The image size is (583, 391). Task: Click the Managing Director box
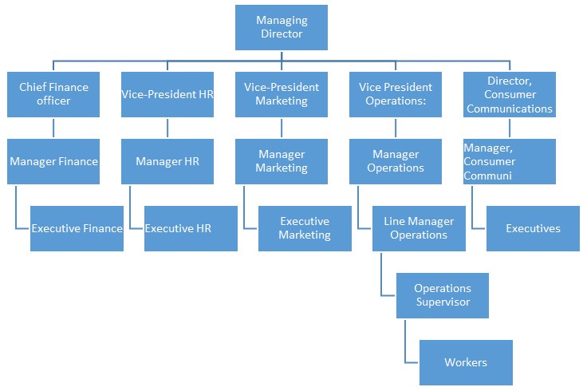(x=282, y=27)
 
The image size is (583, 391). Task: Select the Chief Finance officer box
(x=53, y=94)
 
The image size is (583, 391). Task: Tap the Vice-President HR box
(x=167, y=94)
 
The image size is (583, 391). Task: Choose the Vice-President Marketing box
(x=282, y=94)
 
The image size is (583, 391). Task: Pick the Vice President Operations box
(x=396, y=94)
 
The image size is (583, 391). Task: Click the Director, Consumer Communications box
(x=509, y=94)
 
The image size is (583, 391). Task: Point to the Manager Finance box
(x=53, y=161)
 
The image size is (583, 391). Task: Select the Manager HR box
(x=167, y=161)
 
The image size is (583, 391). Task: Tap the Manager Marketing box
(x=282, y=161)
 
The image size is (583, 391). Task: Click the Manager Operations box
(x=396, y=161)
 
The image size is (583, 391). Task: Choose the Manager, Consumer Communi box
(x=509, y=161)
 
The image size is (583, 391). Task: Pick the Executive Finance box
(x=77, y=228)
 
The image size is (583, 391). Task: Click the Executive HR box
(x=191, y=228)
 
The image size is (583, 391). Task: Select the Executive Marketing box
(x=305, y=228)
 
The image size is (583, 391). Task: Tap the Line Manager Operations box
(x=419, y=228)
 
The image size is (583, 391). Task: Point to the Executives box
(x=533, y=228)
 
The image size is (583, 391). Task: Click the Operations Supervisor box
(x=442, y=295)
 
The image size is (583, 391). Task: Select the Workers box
(x=465, y=362)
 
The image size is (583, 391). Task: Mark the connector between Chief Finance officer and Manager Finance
(x=53, y=128)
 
